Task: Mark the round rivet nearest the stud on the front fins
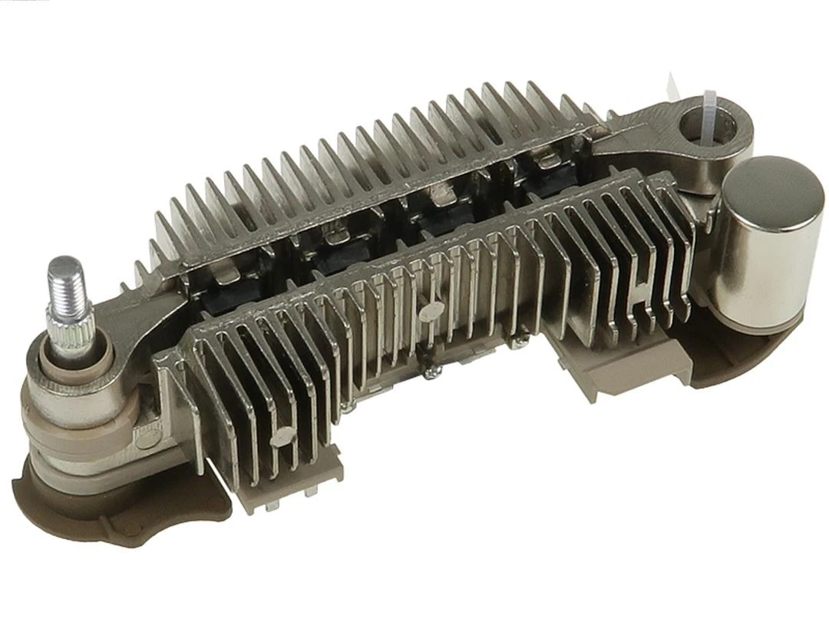click(x=281, y=435)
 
